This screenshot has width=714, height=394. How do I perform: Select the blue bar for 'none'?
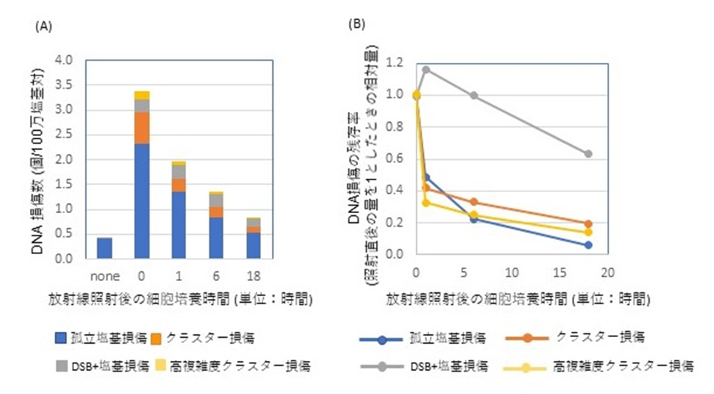click(105, 248)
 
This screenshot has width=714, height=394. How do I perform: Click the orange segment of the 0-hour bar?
click(142, 128)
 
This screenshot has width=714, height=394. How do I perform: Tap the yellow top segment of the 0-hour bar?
click(142, 95)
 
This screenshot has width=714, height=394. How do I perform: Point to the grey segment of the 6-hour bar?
click(217, 200)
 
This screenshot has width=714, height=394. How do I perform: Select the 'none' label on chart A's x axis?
click(105, 274)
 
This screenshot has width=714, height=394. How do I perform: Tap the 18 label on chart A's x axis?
click(254, 274)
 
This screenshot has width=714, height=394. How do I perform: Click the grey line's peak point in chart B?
click(426, 70)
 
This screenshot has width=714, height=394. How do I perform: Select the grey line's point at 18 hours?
click(588, 154)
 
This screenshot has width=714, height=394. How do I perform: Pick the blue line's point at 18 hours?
click(588, 245)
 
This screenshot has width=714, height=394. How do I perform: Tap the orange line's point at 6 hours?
click(474, 203)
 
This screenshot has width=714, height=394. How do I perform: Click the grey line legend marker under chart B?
click(382, 367)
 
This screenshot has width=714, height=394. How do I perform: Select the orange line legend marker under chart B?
click(529, 339)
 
